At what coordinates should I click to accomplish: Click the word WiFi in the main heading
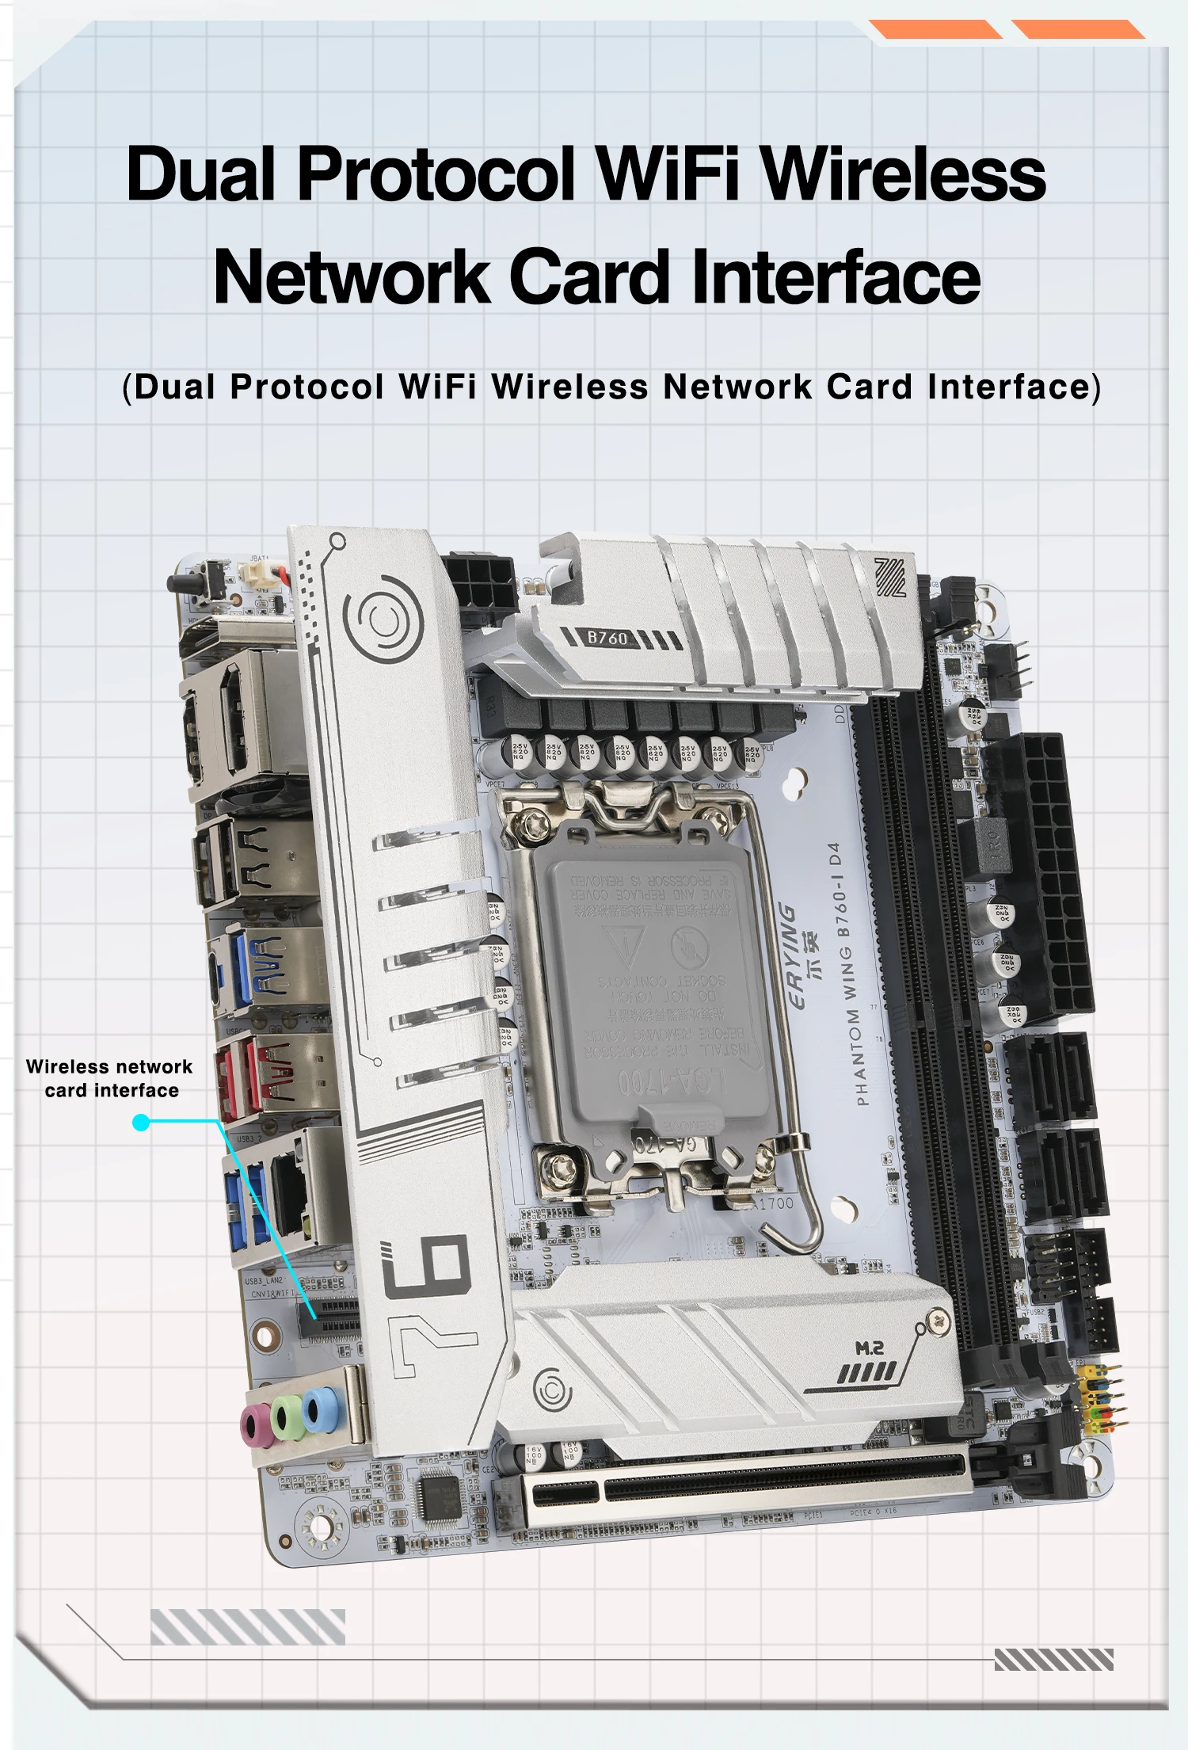point(668,174)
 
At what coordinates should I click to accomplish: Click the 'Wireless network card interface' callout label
point(110,1078)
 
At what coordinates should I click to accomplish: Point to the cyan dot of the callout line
point(141,1122)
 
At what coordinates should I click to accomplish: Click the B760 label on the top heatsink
point(607,638)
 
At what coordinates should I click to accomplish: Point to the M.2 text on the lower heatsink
point(869,1348)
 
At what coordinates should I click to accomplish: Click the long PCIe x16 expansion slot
point(744,1481)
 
